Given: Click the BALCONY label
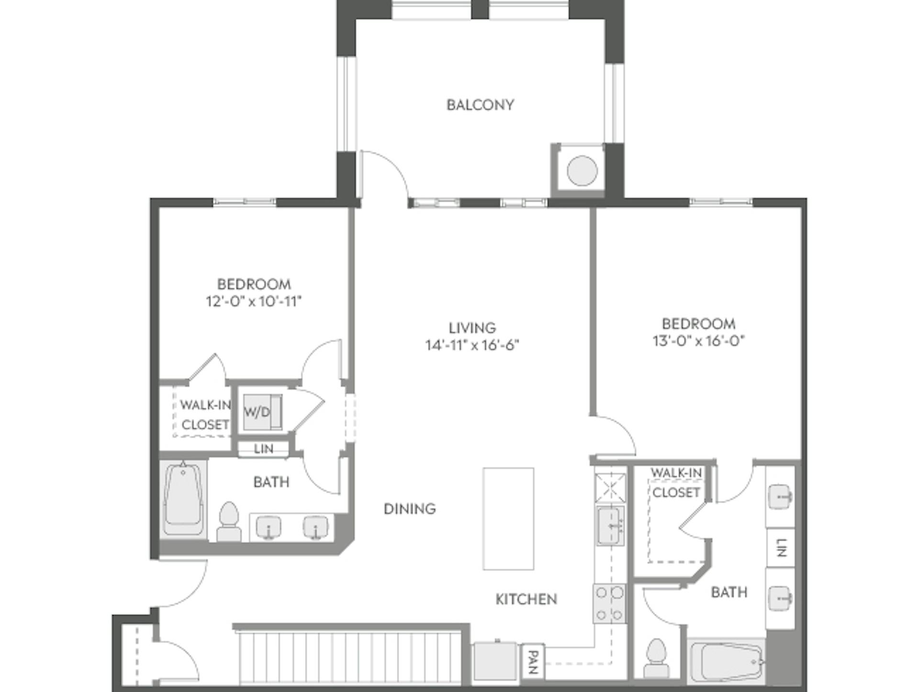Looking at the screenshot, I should point(480,105).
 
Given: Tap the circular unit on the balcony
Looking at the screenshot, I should point(582,171).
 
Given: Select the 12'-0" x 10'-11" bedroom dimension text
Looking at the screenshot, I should point(254,302).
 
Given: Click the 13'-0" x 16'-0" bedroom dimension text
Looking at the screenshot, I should point(699,341).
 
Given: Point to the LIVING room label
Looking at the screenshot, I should point(472,328).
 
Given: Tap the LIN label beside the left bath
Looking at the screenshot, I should point(263,449).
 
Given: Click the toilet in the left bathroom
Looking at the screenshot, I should point(229,522).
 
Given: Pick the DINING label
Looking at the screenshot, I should point(410,509).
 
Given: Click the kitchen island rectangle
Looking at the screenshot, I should point(508,519).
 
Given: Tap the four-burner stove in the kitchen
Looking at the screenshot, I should point(609,604).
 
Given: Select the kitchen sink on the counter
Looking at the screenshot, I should point(610,526).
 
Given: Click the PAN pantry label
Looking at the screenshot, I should point(533,662).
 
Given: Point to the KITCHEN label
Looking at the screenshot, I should point(526,599).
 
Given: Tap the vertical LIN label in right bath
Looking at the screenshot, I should point(781,548).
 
